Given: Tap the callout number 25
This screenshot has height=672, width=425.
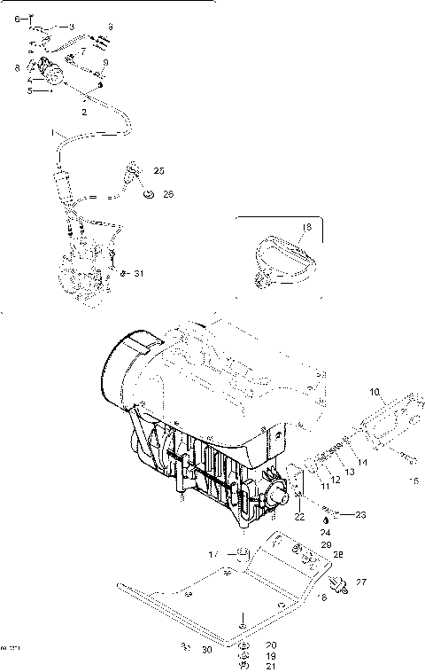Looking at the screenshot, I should (x=158, y=169).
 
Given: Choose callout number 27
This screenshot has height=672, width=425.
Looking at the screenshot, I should (x=360, y=582).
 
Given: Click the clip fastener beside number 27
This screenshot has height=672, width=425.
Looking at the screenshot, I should (x=337, y=583).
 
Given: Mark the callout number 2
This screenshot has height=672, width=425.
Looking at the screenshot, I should (x=84, y=113).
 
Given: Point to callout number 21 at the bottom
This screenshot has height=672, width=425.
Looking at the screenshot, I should (x=246, y=666).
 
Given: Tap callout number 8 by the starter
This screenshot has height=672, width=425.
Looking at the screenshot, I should (x=17, y=67).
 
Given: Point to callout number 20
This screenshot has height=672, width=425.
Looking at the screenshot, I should (x=246, y=645).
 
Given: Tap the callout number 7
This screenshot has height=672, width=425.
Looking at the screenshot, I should (x=82, y=51).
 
